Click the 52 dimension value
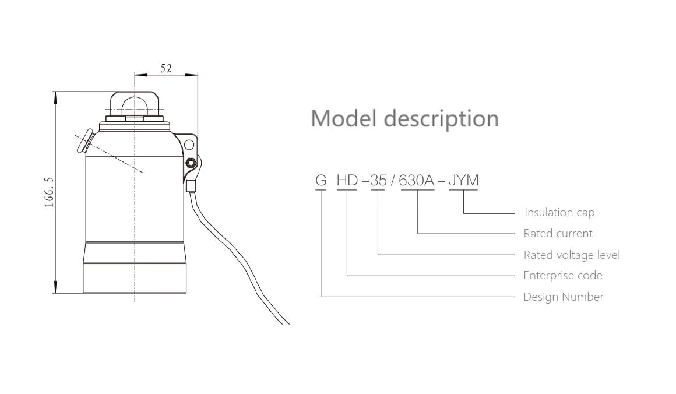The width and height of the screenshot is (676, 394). (166, 68)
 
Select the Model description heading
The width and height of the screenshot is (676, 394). (404, 118)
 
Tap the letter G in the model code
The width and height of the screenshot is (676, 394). (321, 181)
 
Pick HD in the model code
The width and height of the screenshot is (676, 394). (347, 181)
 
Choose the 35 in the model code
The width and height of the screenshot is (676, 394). (378, 181)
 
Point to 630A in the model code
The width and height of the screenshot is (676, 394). (417, 181)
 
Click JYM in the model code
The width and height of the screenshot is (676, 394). (463, 181)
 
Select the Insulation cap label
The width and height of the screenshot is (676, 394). (559, 213)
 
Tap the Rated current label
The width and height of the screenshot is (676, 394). (558, 234)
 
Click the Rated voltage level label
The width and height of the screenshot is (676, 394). (572, 255)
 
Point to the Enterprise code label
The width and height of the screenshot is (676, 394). (563, 276)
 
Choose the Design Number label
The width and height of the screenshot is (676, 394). (564, 297)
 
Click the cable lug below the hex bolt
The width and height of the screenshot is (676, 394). (191, 187)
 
